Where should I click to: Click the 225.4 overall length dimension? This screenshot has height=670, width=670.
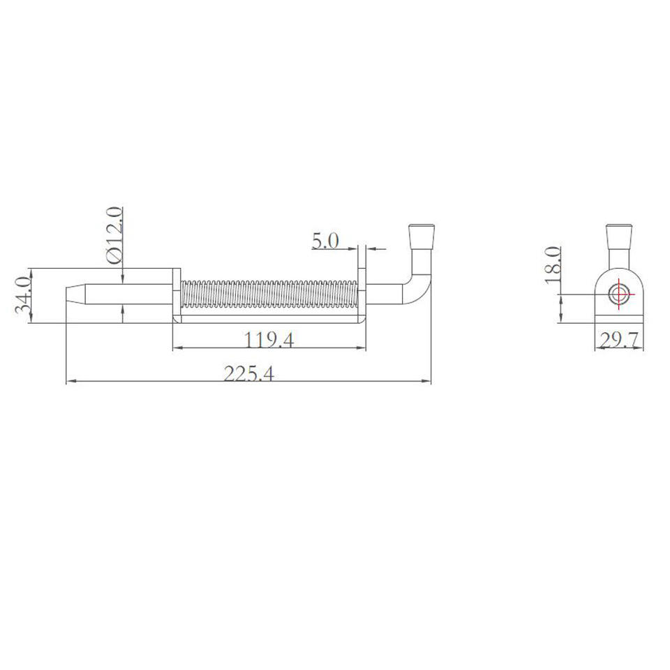[x=248, y=374]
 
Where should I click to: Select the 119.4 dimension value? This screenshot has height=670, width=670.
[x=269, y=341]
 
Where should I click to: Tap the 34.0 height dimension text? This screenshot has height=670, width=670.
[x=22, y=295]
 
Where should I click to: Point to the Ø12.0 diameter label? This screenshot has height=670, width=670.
[x=114, y=235]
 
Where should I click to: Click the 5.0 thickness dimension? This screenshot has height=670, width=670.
[x=325, y=241]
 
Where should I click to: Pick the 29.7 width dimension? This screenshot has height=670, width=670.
[x=619, y=341]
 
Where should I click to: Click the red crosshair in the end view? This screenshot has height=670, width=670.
[x=619, y=294]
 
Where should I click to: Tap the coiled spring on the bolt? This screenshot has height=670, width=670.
[x=269, y=294]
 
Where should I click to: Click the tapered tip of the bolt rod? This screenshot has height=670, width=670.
[x=75, y=294]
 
